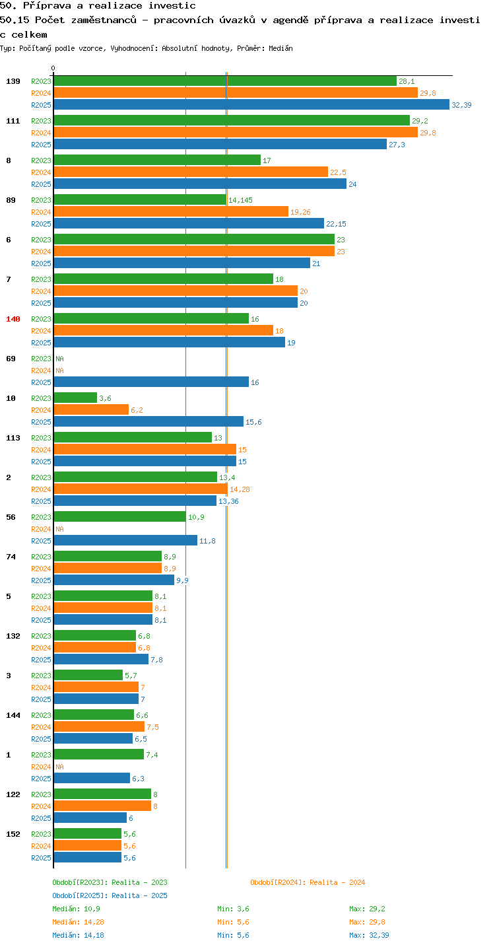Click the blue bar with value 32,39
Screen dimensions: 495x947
pos(251,105)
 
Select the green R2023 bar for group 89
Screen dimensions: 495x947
pos(140,200)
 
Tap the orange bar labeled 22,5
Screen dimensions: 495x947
pos(191,172)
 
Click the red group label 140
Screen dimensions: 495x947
pos(13,319)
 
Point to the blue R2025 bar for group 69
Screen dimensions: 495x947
pos(151,382)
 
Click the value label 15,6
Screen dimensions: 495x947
pos(253,422)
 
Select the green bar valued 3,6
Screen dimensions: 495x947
pos(75,398)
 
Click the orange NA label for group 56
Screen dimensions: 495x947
pos(59,529)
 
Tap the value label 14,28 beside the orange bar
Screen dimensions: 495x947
pos(240,489)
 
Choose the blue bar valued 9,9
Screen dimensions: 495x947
pos(114,580)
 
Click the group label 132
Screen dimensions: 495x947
pos(13,636)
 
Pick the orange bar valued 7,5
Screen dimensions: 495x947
pos(99,727)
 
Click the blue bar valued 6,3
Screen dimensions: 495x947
pos(92,779)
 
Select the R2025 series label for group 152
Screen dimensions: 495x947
pos(41,858)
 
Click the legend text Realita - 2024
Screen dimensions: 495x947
pos(337,882)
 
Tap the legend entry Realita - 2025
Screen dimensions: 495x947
pos(139,895)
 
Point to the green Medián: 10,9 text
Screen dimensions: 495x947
pos(76,909)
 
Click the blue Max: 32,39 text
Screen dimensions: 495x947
pos(369,935)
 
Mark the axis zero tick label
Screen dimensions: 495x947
pos(53,68)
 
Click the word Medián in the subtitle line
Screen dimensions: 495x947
pos(281,48)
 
